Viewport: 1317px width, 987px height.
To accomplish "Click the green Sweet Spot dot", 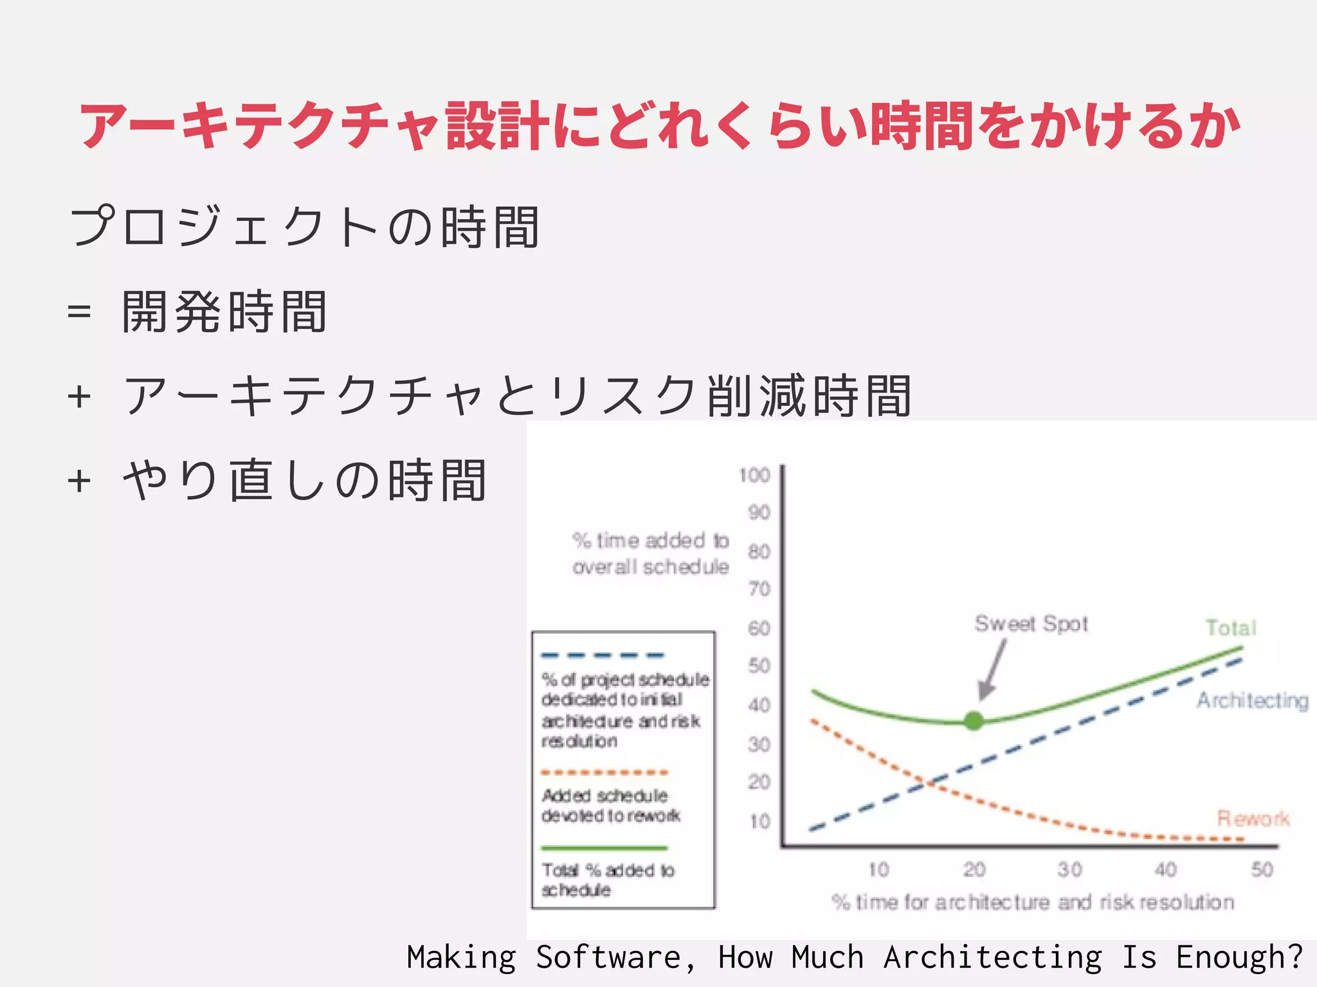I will pos(974,721).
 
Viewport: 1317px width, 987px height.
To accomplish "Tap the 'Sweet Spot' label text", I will pos(1031,624).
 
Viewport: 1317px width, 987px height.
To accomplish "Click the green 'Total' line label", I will pos(1230,628).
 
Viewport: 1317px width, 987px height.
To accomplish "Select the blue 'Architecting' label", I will pos(1252,700).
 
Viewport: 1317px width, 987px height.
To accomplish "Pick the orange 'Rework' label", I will pos(1253,818).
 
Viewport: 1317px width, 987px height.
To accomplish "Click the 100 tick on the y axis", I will pos(754,476).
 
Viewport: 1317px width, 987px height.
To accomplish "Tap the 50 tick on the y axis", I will pos(759,666).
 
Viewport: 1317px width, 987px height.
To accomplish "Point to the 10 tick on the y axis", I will pos(759,821).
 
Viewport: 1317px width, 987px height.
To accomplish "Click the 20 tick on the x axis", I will pos(974,869).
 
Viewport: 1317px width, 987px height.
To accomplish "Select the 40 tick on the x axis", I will pos(1165,869).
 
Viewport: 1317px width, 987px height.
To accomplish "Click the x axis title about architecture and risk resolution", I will pos(1033,902).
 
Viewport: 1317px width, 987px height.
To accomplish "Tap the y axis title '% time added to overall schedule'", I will pos(650,553).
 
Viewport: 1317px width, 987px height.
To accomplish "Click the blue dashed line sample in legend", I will pos(603,655).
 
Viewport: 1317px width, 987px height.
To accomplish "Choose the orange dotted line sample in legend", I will pos(604,772).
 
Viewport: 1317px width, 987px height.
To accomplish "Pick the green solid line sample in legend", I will pos(604,848).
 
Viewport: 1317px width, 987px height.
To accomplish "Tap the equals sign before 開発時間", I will pos(79,313).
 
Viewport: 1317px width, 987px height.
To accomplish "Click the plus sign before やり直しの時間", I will pos(79,481).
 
